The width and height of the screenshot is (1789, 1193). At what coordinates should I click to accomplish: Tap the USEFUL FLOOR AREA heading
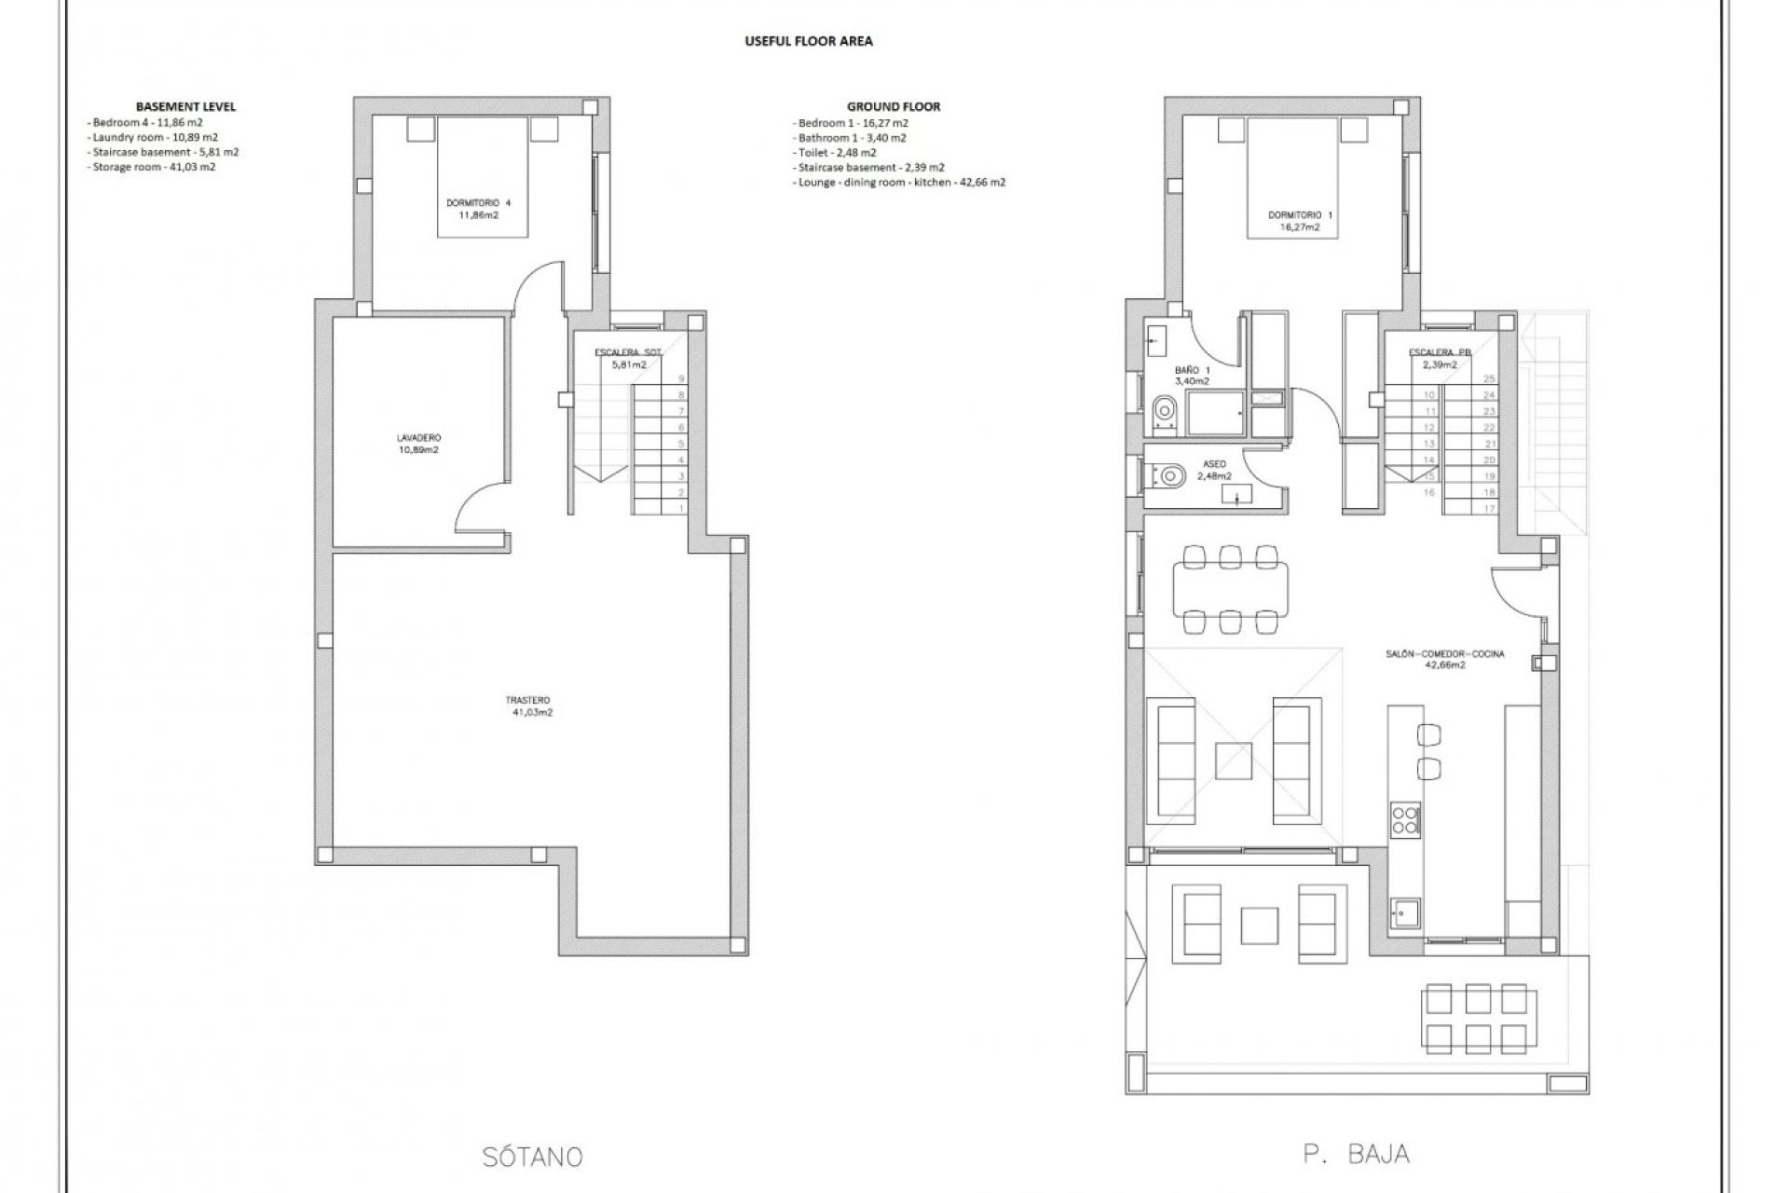[808, 41]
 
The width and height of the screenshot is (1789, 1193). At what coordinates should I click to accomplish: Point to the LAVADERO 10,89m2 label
[418, 443]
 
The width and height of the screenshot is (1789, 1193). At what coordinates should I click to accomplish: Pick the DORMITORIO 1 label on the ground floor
[1299, 220]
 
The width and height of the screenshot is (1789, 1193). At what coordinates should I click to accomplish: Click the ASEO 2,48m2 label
[1213, 469]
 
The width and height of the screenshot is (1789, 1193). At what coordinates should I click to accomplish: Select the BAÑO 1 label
[1192, 375]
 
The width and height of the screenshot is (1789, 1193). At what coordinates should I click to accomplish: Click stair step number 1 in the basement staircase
[681, 508]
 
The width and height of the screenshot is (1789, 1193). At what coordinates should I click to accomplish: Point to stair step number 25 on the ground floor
[1489, 378]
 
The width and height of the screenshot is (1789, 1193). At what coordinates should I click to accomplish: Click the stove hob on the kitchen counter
[1404, 820]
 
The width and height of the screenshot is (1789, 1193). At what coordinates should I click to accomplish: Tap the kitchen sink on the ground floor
[1405, 915]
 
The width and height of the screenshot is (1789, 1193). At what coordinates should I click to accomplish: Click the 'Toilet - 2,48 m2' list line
[836, 152]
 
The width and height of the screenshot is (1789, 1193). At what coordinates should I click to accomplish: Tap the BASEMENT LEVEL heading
[185, 106]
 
